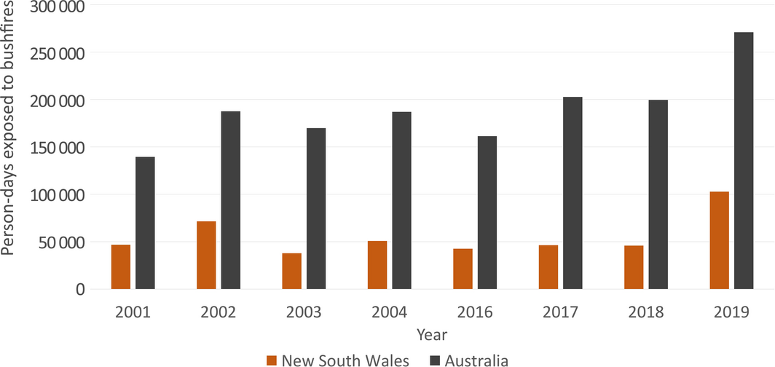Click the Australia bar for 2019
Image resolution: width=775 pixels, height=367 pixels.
tap(744, 160)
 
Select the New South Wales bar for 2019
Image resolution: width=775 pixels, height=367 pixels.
tap(719, 240)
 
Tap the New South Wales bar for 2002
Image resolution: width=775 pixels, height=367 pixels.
tap(206, 255)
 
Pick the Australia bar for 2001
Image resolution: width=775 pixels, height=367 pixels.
tap(145, 223)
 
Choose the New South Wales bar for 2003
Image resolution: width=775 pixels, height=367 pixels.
tap(291, 271)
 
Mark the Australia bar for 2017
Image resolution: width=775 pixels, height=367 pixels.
tap(573, 193)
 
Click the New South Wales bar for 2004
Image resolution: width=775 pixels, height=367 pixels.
tap(377, 264)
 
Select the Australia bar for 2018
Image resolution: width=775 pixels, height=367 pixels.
tap(658, 194)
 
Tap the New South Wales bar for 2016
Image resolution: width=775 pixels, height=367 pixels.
tap(463, 269)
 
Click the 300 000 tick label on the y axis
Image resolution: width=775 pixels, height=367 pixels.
tap(56, 7)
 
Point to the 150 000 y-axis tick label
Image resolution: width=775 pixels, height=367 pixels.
tap(56, 148)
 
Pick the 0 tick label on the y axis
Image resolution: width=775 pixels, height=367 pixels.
tap(79, 289)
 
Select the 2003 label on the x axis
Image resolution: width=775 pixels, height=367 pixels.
tap(304, 312)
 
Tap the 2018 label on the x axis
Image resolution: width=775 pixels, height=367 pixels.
tap(646, 312)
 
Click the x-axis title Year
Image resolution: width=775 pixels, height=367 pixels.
tap(432, 335)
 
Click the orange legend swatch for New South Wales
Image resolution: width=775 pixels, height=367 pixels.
tap(272, 359)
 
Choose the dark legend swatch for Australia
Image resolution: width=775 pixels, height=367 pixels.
tap(435, 359)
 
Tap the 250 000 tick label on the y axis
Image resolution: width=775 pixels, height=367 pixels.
tap(56, 53)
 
